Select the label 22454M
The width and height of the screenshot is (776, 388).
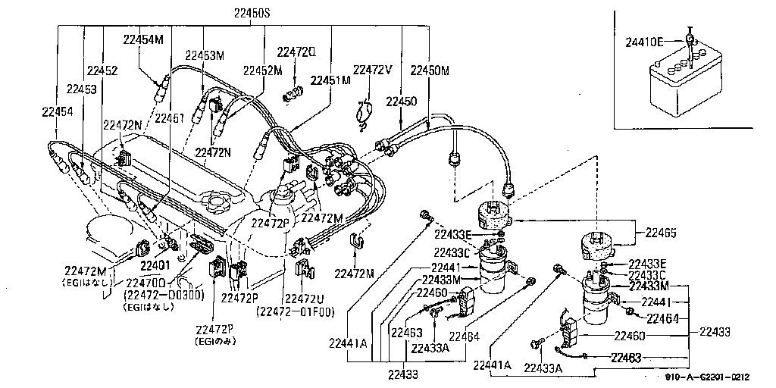point(143,39)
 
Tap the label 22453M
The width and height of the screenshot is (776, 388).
point(205,55)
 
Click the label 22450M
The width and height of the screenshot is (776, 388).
point(430,70)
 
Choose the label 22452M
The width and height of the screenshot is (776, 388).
point(262,70)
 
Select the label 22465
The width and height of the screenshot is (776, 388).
point(662,233)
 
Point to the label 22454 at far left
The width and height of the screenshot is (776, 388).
point(57,111)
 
